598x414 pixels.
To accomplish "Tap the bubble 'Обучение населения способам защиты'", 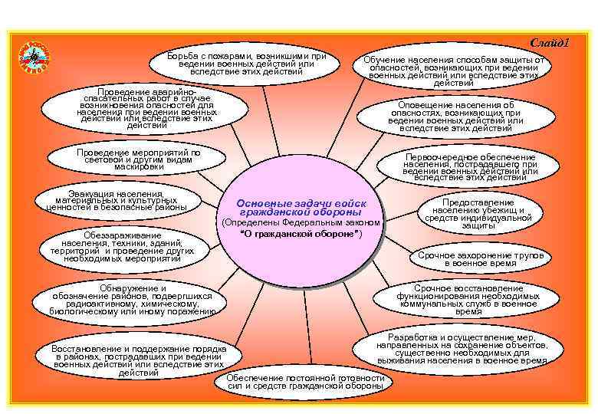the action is click(x=454, y=67).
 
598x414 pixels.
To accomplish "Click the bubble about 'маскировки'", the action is click(x=139, y=159).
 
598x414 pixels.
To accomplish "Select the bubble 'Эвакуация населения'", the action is click(x=116, y=200).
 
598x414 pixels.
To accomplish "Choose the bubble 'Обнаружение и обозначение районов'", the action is click(x=132, y=300).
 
